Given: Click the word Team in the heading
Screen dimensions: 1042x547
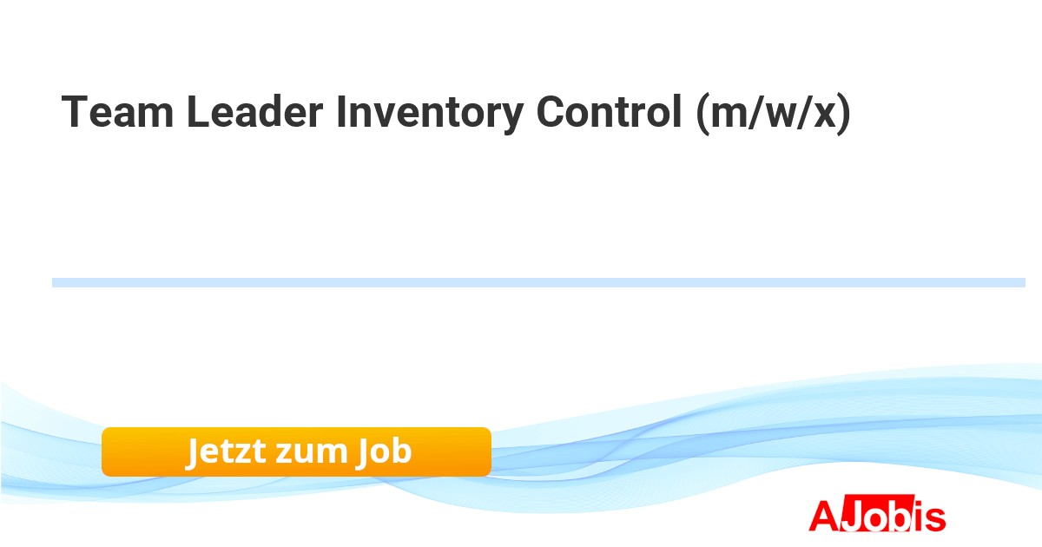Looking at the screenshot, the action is [x=118, y=111].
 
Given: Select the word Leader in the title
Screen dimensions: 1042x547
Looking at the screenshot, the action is [x=255, y=111].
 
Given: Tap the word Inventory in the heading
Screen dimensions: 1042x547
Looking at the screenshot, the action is [x=430, y=114].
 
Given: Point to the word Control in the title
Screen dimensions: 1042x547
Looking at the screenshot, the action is [x=610, y=111].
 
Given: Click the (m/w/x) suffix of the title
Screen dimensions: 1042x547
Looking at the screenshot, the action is [x=774, y=114].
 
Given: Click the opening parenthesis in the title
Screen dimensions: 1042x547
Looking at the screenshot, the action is [x=703, y=114].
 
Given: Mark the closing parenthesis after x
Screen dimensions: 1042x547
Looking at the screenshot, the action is [x=844, y=114].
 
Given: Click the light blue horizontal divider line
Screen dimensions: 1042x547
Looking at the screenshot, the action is [x=538, y=282].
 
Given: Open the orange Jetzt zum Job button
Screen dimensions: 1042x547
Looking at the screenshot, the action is [x=296, y=451].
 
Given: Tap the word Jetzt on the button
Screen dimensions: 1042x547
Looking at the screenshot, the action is [x=226, y=451].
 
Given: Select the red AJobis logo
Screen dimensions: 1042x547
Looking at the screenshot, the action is [x=877, y=514].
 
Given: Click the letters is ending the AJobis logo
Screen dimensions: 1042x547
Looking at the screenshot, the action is [x=928, y=516].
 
